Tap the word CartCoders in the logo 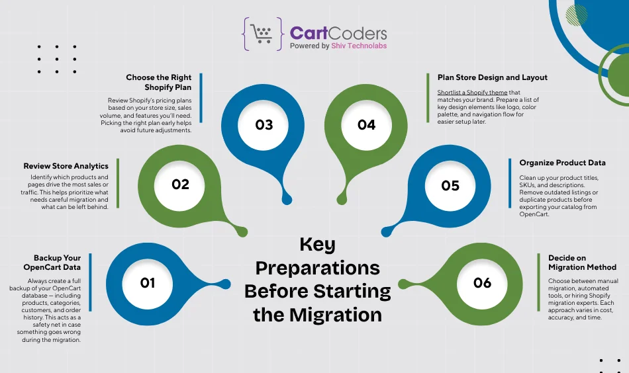tap(338, 33)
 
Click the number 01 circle tap(148, 282)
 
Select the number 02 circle tap(181, 185)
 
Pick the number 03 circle tap(264, 125)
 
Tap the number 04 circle tap(366, 125)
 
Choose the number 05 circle tap(450, 185)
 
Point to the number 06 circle tap(483, 283)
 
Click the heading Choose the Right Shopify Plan tap(159, 82)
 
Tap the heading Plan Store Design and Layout tap(493, 77)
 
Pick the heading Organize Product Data tap(562, 162)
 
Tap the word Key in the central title tap(318, 244)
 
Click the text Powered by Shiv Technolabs tap(338, 46)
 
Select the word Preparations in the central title tap(318, 268)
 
